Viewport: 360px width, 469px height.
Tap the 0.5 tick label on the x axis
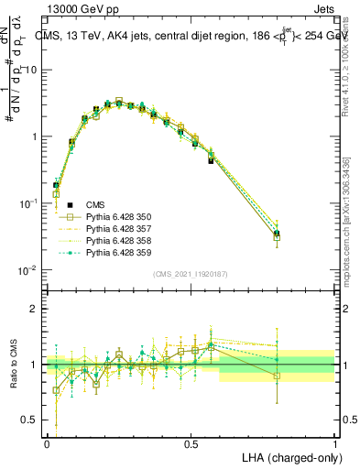coord(191,442)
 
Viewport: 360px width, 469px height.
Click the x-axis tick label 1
coord(336,442)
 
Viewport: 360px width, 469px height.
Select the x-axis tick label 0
coord(47,442)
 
